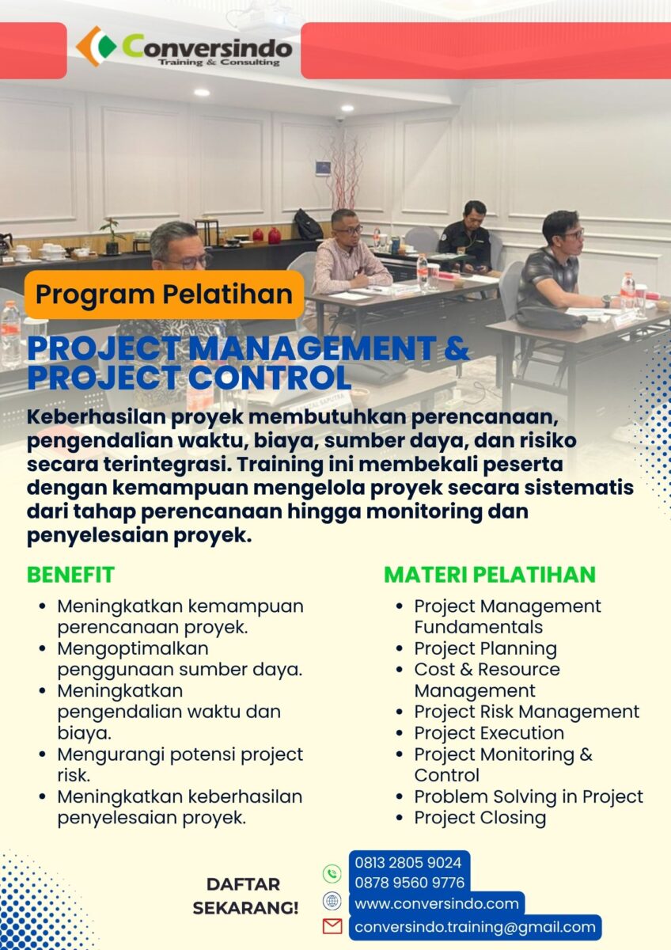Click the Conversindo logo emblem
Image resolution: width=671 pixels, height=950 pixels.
pyautogui.click(x=97, y=47)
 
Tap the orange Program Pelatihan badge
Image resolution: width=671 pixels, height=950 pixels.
pyautogui.click(x=164, y=294)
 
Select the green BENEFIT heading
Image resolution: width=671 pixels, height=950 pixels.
pyautogui.click(x=70, y=575)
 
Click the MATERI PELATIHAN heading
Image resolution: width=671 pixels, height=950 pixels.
pyautogui.click(x=490, y=575)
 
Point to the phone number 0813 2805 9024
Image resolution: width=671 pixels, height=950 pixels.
pyautogui.click(x=408, y=862)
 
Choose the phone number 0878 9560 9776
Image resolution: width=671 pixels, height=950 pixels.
pyautogui.click(x=409, y=883)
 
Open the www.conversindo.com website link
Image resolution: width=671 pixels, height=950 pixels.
pyautogui.click(x=437, y=904)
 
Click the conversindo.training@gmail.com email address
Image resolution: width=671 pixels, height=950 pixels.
pyautogui.click(x=476, y=927)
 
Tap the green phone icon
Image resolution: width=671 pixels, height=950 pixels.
pyautogui.click(x=332, y=874)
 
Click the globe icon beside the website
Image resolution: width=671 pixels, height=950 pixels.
pyautogui.click(x=332, y=900)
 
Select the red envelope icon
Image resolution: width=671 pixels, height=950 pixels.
pyautogui.click(x=332, y=926)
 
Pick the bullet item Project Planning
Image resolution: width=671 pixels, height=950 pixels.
pyautogui.click(x=485, y=648)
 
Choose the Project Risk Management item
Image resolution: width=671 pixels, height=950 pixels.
pyautogui.click(x=527, y=712)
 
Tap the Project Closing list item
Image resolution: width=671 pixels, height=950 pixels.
pyautogui.click(x=480, y=818)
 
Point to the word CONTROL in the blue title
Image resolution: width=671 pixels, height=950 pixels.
pyautogui.click(x=270, y=378)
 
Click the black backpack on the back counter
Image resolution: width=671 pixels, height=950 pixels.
pyautogui.click(x=308, y=224)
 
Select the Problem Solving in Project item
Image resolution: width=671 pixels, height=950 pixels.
pyautogui.click(x=529, y=797)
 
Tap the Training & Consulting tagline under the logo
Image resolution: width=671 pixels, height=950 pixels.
pyautogui.click(x=218, y=63)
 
